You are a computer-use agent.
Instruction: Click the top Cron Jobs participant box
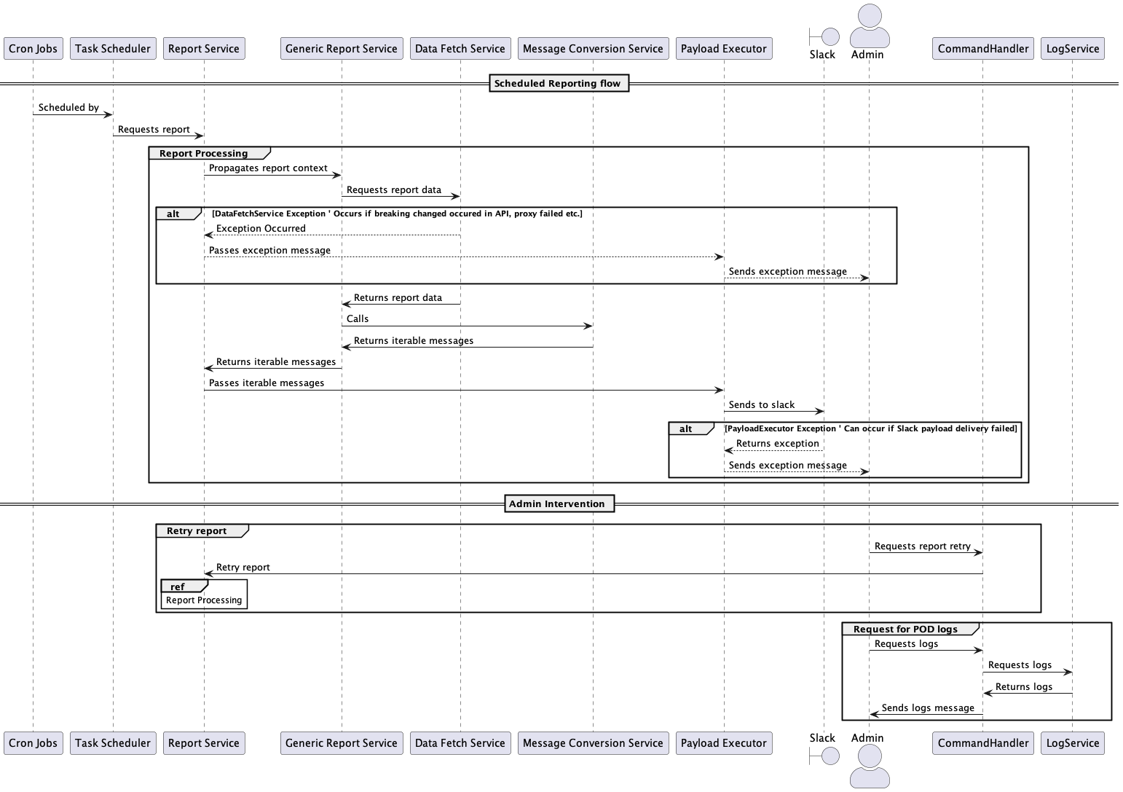point(33,49)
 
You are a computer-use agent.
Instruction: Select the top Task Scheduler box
point(113,49)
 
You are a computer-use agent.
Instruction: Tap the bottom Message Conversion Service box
point(593,743)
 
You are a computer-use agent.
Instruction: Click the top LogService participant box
point(1072,49)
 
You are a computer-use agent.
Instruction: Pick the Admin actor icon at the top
point(869,26)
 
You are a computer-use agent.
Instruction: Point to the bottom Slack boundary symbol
point(824,756)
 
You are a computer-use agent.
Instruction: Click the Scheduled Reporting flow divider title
point(557,84)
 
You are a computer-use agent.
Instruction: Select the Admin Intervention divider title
point(557,504)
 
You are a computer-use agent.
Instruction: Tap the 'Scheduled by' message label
point(68,108)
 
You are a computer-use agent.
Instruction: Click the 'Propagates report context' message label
point(268,168)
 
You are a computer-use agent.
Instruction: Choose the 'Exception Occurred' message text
point(261,229)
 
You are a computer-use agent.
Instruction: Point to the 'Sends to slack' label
point(762,405)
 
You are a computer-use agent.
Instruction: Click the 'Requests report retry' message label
point(922,546)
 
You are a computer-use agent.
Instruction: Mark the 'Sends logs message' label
point(928,708)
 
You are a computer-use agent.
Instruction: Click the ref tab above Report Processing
point(178,587)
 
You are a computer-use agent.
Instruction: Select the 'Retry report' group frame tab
point(197,531)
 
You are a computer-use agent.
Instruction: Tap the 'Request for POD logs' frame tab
point(905,629)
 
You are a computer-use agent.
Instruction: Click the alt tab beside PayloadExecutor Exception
point(686,429)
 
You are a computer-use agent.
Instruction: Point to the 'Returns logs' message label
point(1023,687)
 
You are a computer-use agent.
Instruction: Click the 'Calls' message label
point(358,319)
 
